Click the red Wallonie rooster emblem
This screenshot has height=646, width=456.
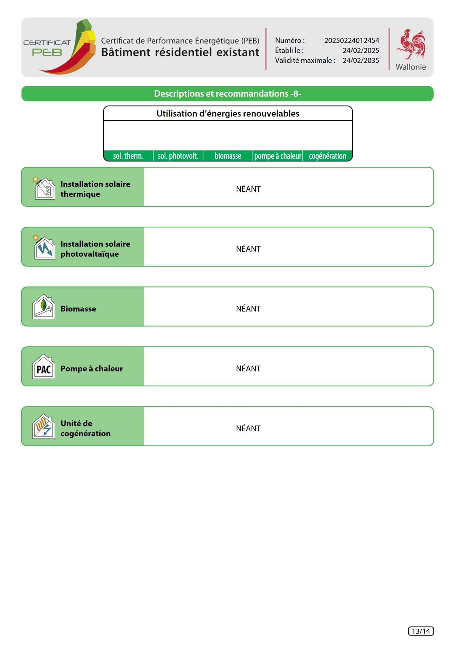coord(411,44)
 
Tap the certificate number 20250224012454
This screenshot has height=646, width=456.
coord(351,41)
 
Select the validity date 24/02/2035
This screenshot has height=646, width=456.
coord(361,61)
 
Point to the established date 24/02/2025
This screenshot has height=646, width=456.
coord(361,51)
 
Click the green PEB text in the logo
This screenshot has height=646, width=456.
coord(47,52)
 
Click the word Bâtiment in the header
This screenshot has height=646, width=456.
coord(126,52)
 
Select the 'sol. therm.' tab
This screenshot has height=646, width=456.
coord(128,156)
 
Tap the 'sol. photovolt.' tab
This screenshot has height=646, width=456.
coord(178,156)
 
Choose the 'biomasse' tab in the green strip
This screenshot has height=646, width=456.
coord(228,156)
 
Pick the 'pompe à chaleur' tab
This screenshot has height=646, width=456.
coord(278,156)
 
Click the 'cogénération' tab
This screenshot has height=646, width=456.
coord(327,156)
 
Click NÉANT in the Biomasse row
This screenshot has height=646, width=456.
coord(248,309)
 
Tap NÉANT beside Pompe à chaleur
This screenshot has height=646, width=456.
coord(248,369)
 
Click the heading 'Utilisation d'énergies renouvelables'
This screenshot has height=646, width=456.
coord(228,114)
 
